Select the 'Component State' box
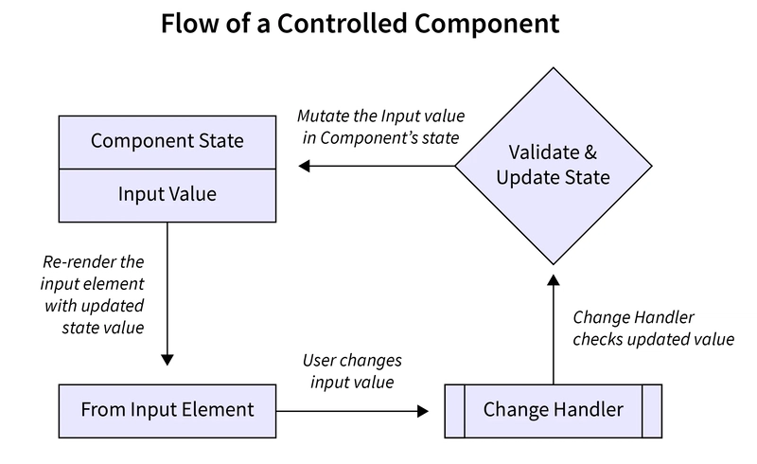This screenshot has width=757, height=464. click(x=167, y=141)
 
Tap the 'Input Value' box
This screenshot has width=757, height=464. click(x=167, y=194)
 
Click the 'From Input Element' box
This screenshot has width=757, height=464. click(x=167, y=410)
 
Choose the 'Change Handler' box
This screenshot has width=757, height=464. click(x=553, y=410)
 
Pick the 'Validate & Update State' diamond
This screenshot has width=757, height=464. click(x=553, y=165)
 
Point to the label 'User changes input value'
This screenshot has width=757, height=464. click(x=352, y=371)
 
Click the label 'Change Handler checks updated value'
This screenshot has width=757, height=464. click(x=653, y=328)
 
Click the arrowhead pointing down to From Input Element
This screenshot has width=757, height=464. click(x=167, y=360)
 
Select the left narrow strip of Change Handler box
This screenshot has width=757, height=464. click(x=454, y=410)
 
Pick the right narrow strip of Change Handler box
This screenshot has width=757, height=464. click(x=652, y=410)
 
